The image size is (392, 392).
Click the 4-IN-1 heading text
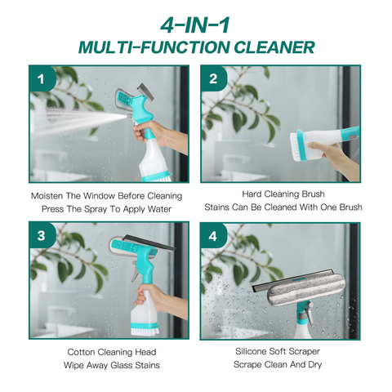pos(195,25)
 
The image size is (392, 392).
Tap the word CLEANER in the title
pos(274,47)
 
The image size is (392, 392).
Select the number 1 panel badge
pos(42,78)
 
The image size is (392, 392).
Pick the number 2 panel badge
pos(214,78)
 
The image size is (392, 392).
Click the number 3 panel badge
pos(42,235)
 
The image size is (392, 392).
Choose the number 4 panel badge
pos(213,236)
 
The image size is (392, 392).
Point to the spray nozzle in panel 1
pos(129,116)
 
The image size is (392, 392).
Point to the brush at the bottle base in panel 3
pos(143,329)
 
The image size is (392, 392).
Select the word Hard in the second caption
pos(252,194)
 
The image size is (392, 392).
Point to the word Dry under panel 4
pos(315,365)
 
